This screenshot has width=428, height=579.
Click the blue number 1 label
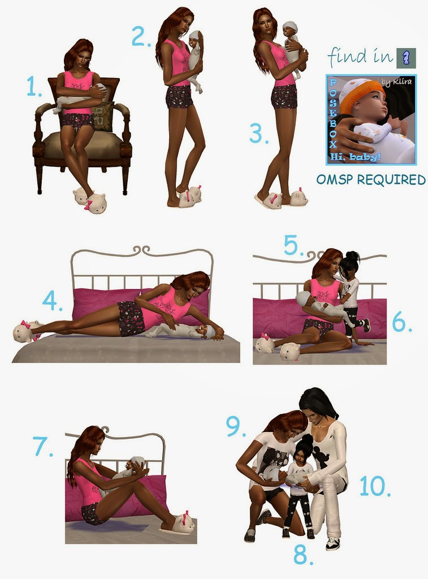tap(33, 87)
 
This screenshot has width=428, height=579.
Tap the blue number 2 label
tap(141, 37)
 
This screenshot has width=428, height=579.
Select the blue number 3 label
tap(258, 133)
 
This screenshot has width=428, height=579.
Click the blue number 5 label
tap(293, 245)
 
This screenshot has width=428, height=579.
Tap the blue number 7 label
tap(42, 446)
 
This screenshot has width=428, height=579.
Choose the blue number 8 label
tap(303, 555)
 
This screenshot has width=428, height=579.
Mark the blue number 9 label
tap(236, 426)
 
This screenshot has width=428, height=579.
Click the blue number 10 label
tap(375, 486)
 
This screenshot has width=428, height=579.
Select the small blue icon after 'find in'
tap(406, 58)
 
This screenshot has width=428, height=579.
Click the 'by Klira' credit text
tap(396, 81)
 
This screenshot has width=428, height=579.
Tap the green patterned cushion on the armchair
tap(102, 116)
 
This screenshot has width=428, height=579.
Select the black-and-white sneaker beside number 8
tap(332, 543)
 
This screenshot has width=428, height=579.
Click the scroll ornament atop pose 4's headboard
tap(142, 250)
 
